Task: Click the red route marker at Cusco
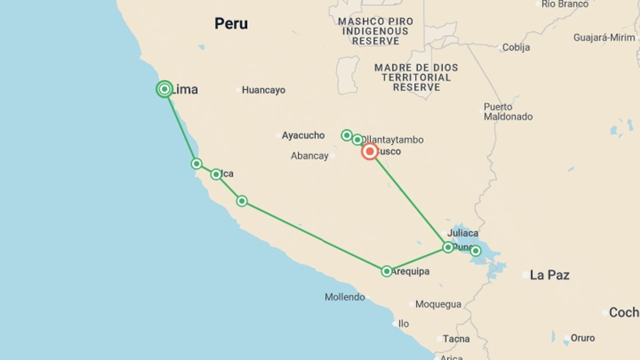369,152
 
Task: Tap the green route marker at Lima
164,89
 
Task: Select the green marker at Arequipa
387,271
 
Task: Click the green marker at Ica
216,174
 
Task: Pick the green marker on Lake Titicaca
476,251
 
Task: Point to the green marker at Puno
448,247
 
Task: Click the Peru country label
231,24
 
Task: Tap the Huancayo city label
263,90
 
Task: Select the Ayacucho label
303,135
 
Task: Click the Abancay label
309,156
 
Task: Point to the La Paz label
549,275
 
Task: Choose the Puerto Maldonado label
508,112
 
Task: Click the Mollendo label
345,297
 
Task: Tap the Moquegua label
438,304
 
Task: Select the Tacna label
456,339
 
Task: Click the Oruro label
582,338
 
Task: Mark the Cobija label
516,47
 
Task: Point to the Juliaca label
462,233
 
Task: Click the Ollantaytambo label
393,140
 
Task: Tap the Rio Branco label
565,4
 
